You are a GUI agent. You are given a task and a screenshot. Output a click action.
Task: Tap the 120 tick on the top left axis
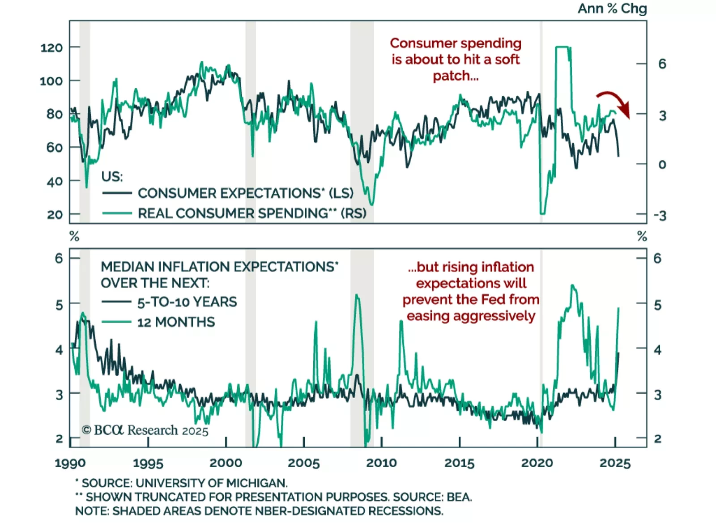click(51, 48)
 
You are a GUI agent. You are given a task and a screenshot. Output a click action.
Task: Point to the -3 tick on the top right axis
click(660, 216)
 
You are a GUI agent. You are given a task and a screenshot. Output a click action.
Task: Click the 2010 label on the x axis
click(381, 463)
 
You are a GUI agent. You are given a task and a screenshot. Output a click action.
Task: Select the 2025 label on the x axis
click(615, 463)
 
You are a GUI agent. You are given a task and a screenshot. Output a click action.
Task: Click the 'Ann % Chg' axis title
click(612, 9)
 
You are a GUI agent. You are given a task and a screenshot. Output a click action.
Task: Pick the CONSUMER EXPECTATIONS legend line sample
click(117, 193)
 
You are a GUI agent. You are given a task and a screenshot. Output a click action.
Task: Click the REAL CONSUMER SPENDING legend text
click(252, 213)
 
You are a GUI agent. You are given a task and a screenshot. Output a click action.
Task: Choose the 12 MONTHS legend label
click(176, 322)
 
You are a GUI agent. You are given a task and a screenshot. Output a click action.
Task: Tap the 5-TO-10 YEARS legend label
click(187, 302)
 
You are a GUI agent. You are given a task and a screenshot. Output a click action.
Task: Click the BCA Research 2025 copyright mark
click(145, 430)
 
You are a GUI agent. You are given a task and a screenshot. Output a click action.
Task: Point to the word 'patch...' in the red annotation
click(456, 76)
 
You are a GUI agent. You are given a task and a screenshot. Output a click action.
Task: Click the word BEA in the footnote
click(458, 497)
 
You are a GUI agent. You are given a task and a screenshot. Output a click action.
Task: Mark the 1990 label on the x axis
click(70, 463)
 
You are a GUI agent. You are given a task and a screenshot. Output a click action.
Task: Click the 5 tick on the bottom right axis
click(657, 305)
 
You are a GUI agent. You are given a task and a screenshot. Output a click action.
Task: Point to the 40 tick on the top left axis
click(55, 182)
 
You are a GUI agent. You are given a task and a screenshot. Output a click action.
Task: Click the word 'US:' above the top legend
click(112, 177)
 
